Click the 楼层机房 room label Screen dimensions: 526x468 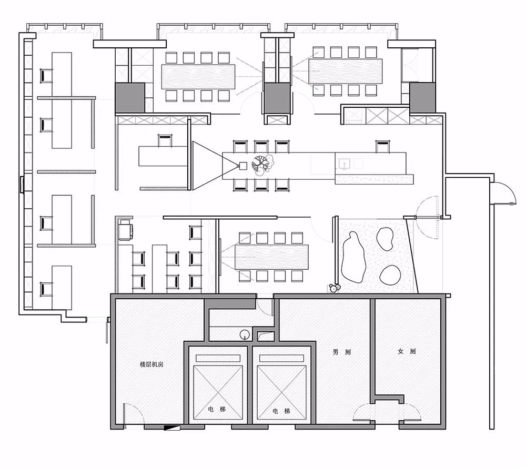[x=151, y=364]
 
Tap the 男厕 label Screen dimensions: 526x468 [x=341, y=352]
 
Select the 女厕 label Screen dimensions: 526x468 [x=407, y=351]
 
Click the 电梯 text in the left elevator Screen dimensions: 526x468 [x=217, y=409]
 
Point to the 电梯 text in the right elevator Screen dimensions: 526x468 [x=281, y=411]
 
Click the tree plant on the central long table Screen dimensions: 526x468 [x=263, y=165]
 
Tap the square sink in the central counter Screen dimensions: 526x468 [x=345, y=164]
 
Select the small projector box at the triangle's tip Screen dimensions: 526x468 [x=243, y=166]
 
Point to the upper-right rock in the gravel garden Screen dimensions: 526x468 [x=385, y=238]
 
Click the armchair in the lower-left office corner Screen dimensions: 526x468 [x=126, y=230]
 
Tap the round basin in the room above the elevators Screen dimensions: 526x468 [x=245, y=334]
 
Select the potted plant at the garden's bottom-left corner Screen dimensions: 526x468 [x=333, y=288]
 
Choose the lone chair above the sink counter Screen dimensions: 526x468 [x=382, y=147]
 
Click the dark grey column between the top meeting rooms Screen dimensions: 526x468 [x=277, y=98]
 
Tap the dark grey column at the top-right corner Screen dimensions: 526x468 [x=422, y=98]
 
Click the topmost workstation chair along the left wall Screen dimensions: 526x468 [x=46, y=75]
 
